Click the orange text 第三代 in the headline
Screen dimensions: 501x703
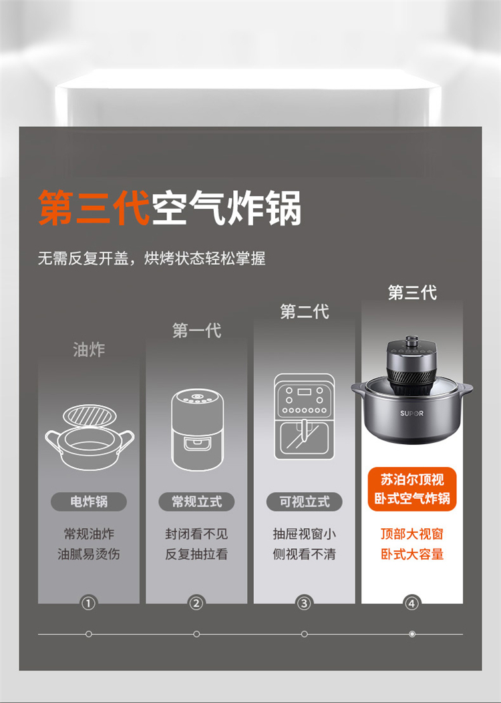coord(94,208)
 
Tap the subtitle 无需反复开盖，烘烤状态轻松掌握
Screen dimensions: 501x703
coord(152,258)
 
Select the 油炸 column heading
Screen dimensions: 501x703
coord(88,349)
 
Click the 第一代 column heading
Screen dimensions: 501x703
coord(196,330)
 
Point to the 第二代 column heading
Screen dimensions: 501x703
coord(305,311)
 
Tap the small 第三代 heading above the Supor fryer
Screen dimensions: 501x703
coord(412,292)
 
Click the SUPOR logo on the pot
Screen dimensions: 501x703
coord(411,414)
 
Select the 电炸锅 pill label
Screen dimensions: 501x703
coord(88,502)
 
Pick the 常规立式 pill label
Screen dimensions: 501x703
coord(196,502)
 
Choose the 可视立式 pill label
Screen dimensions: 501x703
coord(305,502)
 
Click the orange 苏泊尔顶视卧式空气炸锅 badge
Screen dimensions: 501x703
coord(412,489)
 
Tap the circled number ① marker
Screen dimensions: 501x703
coord(88,604)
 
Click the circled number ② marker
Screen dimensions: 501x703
coord(196,604)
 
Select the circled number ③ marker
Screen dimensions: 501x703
coord(305,604)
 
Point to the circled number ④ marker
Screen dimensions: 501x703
coord(412,604)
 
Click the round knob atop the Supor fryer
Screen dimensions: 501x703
coord(411,340)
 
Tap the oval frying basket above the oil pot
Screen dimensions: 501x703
coord(90,416)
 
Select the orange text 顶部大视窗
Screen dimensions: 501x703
coord(412,534)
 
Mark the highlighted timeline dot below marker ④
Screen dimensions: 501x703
coord(412,634)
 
